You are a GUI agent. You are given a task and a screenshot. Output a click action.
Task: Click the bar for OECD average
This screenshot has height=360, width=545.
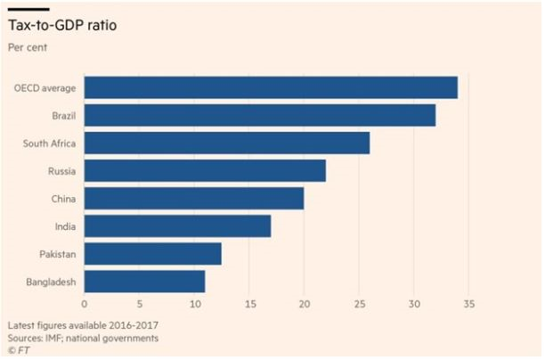click(270, 87)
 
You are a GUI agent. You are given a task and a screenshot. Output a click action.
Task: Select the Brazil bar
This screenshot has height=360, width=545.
click(259, 115)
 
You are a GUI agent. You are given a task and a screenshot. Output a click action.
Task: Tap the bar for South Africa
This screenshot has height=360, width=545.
click(226, 143)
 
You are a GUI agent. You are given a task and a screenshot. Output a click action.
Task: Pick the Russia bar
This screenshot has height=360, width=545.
click(204, 170)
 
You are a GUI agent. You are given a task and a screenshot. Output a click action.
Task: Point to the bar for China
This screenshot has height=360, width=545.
click(193, 198)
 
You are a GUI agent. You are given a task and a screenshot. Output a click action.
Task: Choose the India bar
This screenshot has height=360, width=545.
click(176, 226)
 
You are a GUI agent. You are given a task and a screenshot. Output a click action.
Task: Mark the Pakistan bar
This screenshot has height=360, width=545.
click(152, 254)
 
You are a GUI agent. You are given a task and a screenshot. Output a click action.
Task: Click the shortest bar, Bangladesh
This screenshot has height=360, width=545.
click(144, 282)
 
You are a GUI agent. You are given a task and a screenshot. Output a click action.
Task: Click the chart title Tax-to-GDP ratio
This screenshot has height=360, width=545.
click(61, 26)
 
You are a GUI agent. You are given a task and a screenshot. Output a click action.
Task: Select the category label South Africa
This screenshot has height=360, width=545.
click(50, 143)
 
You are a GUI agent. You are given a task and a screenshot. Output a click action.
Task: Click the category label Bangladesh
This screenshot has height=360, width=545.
click(51, 282)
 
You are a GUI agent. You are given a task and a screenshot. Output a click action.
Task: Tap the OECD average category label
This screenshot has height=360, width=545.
click(45, 88)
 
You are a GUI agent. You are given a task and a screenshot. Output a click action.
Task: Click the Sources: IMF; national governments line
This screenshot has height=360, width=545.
click(83, 338)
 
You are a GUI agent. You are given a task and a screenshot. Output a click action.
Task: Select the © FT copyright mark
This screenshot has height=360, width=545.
click(17, 350)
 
